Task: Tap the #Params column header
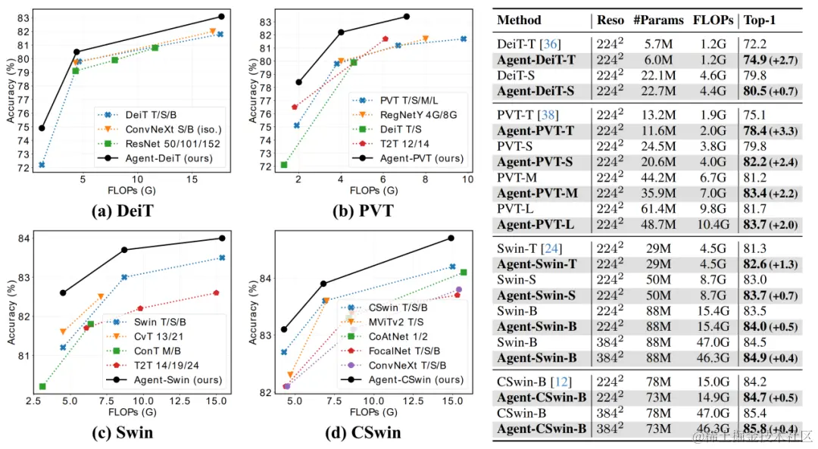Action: click(x=658, y=20)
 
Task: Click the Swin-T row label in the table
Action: click(x=523, y=248)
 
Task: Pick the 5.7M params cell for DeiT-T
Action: click(x=658, y=45)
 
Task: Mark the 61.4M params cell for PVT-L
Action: click(x=658, y=206)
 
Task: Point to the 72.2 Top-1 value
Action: click(x=755, y=45)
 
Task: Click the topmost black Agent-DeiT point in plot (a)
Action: click(x=221, y=16)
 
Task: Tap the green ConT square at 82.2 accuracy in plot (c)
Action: click(x=42, y=386)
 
